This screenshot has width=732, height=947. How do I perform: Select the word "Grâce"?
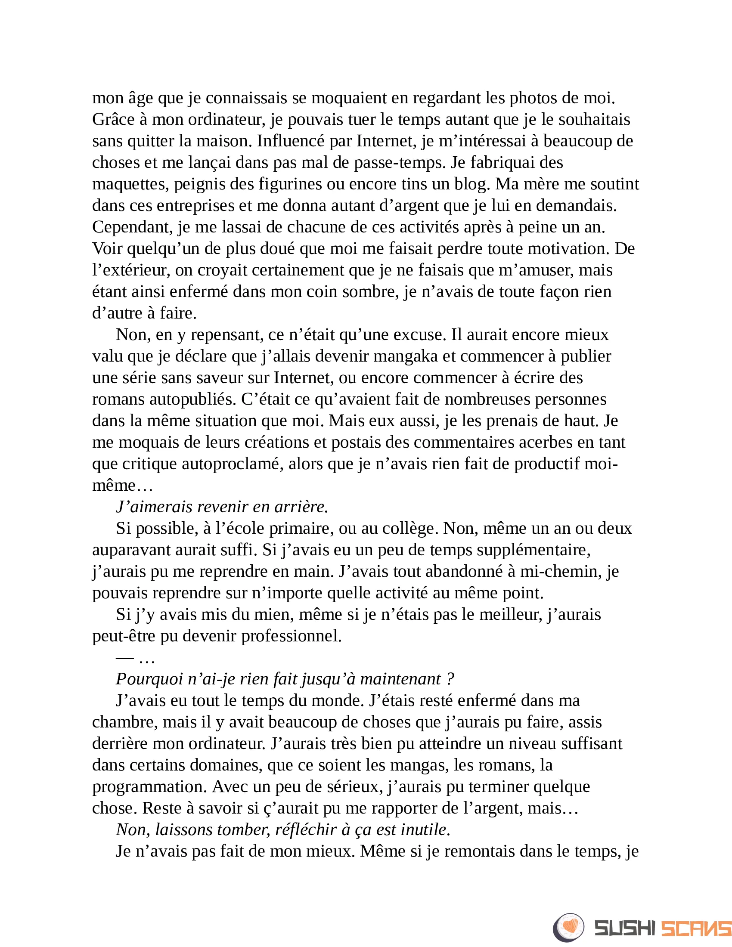click(113, 120)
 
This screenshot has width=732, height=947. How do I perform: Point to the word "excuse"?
click(418, 335)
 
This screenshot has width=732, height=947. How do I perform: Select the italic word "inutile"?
click(425, 830)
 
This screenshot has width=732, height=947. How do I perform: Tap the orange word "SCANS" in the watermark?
click(696, 928)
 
